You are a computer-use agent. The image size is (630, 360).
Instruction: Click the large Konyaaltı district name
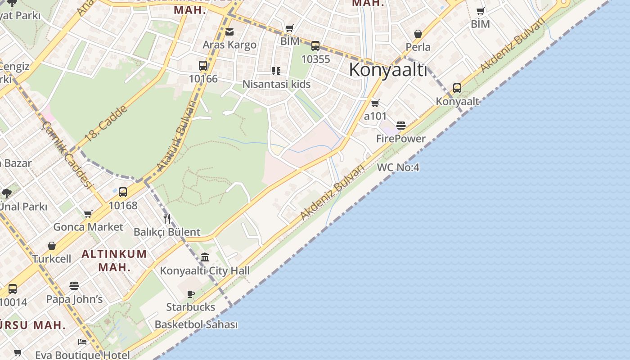pos(387,70)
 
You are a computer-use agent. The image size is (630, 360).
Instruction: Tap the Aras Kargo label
pos(229,45)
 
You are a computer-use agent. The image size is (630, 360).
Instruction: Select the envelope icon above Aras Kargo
pos(229,32)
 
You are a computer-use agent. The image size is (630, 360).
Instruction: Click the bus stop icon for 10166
pos(203,66)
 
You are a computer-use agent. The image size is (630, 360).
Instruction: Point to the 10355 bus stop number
pos(315,59)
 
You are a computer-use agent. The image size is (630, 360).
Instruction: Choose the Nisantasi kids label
pos(276,84)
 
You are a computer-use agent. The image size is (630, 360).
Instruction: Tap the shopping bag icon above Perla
pos(418,34)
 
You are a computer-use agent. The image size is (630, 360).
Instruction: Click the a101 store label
pos(375,116)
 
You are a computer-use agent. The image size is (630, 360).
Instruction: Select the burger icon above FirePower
pos(401,126)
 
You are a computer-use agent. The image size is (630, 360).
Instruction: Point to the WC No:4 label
pos(398,167)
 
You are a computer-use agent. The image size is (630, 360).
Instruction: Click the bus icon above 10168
pos(123,193)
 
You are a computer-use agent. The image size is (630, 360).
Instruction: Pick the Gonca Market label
pos(88,227)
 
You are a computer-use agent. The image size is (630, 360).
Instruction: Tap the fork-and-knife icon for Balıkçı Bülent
pos(167,219)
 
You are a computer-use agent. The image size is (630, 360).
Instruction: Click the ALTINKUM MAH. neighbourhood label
pos(114,260)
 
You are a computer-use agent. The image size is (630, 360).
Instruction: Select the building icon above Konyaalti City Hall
pos(205,257)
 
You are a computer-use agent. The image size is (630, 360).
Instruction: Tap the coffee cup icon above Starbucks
pos(191,294)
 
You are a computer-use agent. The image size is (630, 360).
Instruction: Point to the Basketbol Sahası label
pos(196,324)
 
